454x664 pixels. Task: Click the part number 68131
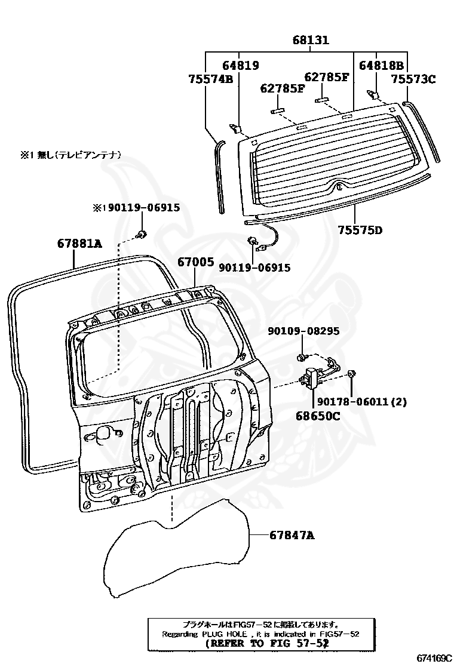pos(311,41)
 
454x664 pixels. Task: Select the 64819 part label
pos(240,66)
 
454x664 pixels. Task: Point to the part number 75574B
pos(210,78)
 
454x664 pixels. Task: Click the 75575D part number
pos(360,229)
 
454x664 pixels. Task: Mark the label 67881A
pos(79,244)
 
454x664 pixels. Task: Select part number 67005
pos(195,262)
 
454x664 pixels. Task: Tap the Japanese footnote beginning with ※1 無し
pos(71,155)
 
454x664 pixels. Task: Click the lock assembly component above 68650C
pos(313,378)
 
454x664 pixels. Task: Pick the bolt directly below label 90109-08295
pos(302,358)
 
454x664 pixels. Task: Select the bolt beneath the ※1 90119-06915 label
pos(141,233)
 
